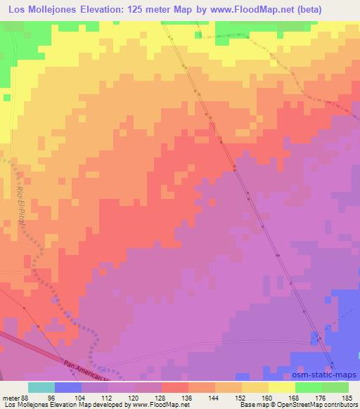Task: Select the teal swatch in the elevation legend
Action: (41, 387)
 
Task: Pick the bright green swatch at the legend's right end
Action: (335, 387)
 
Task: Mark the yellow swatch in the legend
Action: (281, 387)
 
